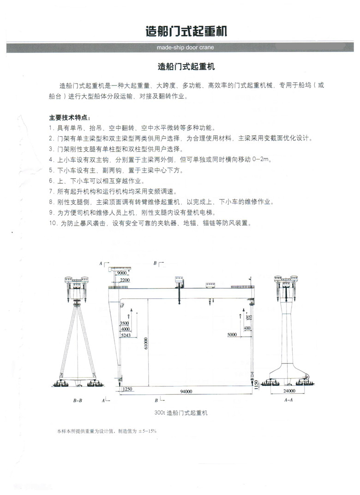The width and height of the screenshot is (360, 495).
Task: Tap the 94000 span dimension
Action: tap(186, 391)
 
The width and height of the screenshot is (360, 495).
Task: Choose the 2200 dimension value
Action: tap(124, 280)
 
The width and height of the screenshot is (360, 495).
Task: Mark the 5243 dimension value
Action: tap(125, 336)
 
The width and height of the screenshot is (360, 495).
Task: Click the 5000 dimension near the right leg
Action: tap(232, 334)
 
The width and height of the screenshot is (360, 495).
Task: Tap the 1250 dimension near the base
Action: tap(128, 390)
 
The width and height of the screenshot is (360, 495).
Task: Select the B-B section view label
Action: tap(78, 401)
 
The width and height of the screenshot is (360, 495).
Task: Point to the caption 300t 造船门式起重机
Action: tap(180, 413)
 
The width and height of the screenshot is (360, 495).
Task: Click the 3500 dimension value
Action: tap(124, 323)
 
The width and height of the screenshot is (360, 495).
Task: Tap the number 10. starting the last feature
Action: tap(53, 223)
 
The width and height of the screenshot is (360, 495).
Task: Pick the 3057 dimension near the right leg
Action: tap(249, 317)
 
